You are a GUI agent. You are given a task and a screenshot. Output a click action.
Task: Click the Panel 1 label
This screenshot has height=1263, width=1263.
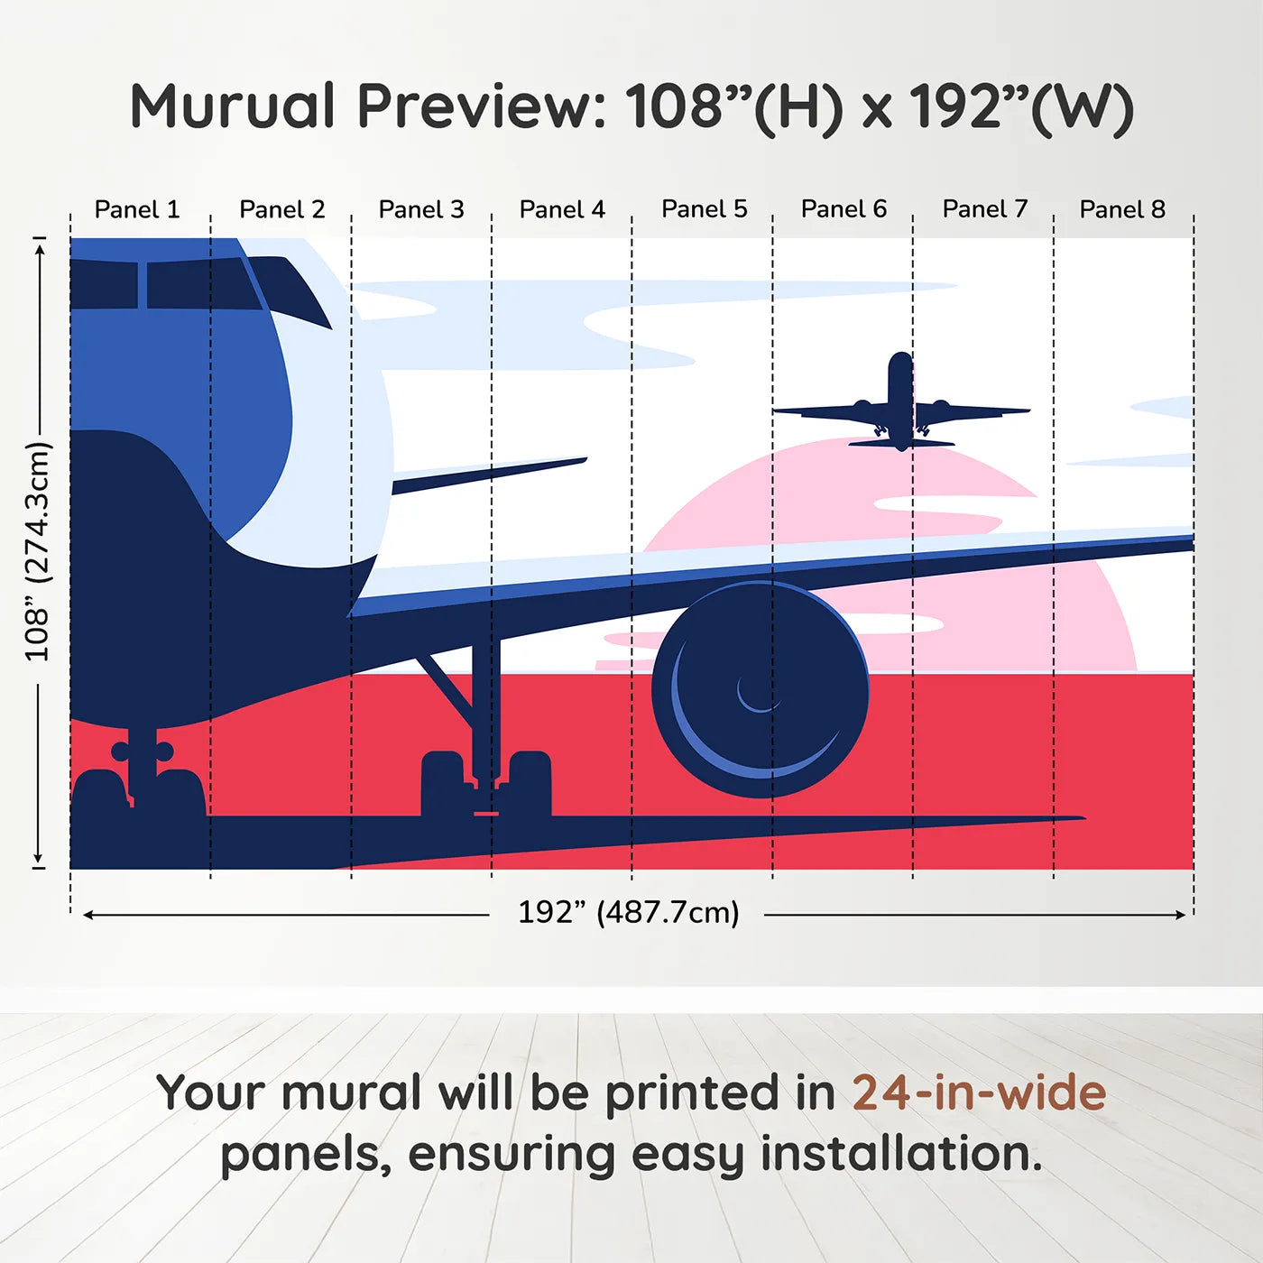point(137,209)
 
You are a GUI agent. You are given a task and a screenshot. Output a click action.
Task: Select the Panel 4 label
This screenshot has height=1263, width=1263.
point(562,209)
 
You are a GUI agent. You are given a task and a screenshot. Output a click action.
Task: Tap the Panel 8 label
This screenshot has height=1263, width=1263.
point(1122,209)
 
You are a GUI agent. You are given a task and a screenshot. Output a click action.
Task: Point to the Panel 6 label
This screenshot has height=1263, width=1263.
point(844,209)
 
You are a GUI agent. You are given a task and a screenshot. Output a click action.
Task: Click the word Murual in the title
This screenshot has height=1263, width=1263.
point(233,106)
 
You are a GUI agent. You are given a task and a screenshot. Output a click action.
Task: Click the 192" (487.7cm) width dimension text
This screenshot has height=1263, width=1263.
point(628,913)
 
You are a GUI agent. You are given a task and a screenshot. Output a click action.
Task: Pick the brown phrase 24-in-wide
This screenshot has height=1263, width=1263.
point(979,1092)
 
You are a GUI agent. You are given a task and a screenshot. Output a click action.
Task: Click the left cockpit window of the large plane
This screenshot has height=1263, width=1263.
point(103,284)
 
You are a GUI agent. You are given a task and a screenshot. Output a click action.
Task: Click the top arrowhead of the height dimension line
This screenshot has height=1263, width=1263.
point(39,246)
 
